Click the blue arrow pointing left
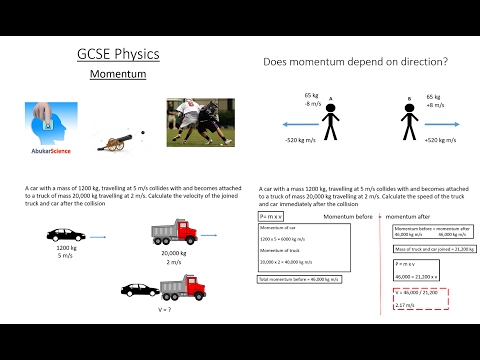275,124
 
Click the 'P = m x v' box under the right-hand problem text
271,216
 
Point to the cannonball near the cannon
143,131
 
